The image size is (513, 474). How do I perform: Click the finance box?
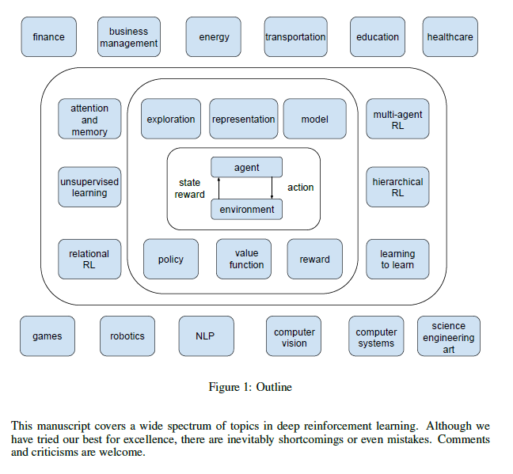49,37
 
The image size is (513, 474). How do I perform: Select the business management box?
129,37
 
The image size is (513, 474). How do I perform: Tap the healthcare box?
450,37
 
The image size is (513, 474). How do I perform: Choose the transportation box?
295,37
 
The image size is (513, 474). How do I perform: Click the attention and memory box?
89,119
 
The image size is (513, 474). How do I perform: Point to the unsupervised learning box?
89,187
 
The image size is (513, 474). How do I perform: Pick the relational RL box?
89,259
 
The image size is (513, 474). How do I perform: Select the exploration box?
171,119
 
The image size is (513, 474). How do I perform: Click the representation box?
244,119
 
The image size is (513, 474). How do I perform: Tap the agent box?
246,168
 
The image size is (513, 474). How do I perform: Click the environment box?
246,209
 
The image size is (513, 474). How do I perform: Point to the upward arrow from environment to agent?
218,188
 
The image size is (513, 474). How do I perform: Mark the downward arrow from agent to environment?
272,188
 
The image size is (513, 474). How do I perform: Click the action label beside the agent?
300,188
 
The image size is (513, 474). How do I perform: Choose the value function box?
246,259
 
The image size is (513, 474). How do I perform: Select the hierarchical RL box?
397,187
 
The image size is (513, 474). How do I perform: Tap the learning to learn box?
397,259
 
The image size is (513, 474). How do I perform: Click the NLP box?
205,336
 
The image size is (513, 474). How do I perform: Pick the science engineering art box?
449,337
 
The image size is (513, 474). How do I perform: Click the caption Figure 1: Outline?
250,387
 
